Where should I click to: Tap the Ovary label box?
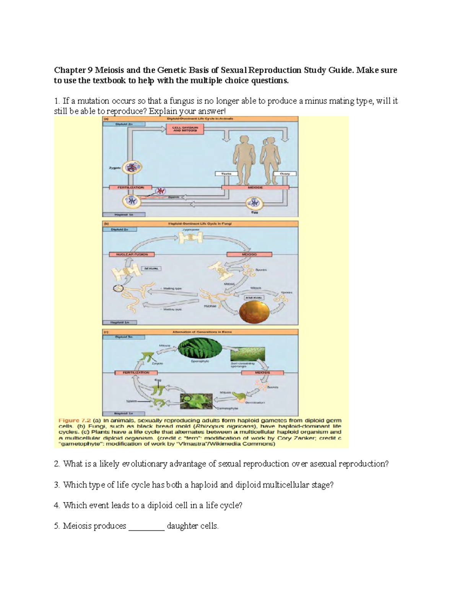(285, 174)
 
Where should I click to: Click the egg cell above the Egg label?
(253, 203)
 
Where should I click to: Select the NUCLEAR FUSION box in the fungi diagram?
(129, 254)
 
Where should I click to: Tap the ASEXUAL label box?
(253, 297)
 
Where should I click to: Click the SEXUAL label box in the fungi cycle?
(151, 269)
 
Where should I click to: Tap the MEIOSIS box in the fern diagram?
(262, 373)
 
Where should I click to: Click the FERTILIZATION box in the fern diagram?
(136, 373)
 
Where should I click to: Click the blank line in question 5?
(146, 527)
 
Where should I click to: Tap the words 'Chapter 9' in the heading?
(73, 70)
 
